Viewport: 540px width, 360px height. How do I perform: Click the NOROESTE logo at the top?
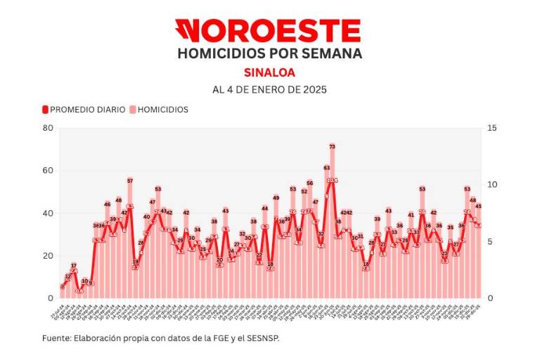tap(268, 31)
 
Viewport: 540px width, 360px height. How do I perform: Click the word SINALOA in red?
tap(269, 72)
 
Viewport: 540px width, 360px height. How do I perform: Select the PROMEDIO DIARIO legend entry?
tap(83, 110)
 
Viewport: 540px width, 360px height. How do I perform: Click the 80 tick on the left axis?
tap(48, 128)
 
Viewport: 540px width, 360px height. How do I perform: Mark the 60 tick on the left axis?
tap(48, 170)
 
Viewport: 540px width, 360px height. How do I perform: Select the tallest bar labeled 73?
tap(332, 225)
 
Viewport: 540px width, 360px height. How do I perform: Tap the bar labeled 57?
tap(130, 239)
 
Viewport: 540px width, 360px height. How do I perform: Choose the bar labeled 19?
tap(136, 281)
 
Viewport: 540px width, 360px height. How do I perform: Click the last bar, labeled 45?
tap(478, 253)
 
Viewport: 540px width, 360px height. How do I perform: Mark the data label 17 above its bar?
tap(74, 266)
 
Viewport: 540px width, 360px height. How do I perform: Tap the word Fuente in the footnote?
tap(56, 338)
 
